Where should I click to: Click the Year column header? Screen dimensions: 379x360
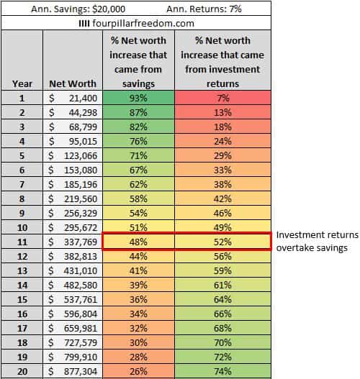(22, 83)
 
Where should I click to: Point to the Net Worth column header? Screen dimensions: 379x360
(72, 83)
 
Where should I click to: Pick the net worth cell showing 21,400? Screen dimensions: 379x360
(72, 98)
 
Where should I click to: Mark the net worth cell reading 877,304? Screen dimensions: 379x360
(72, 370)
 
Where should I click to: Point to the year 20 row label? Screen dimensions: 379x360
(22, 370)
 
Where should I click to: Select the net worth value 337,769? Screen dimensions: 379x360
(72, 241)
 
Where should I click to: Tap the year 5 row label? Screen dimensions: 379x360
(22, 155)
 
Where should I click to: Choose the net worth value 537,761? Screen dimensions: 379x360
(72, 298)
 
